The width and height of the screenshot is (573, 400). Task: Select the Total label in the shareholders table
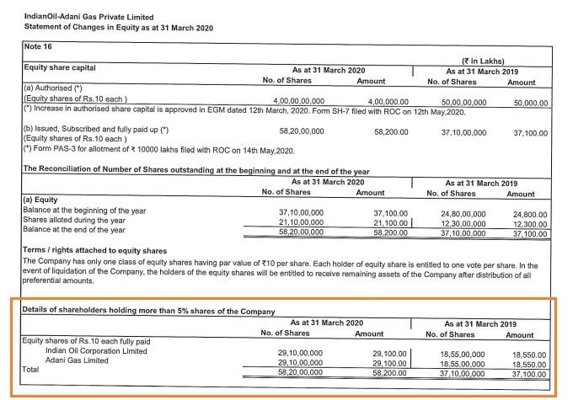30,369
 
